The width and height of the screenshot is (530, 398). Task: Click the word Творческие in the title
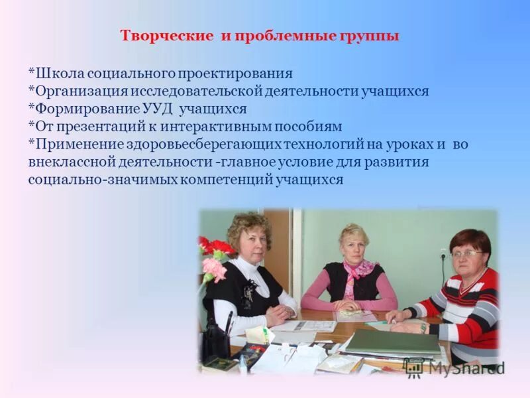[166, 36]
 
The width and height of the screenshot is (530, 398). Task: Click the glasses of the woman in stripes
[466, 253]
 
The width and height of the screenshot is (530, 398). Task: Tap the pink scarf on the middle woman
[358, 272]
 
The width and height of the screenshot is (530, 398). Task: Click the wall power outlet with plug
[443, 255]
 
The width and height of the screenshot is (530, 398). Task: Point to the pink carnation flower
[213, 269]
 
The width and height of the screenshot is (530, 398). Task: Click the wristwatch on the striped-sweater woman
[423, 327]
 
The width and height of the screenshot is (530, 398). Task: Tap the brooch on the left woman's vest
[250, 292]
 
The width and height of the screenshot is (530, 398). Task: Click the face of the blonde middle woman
[354, 246]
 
